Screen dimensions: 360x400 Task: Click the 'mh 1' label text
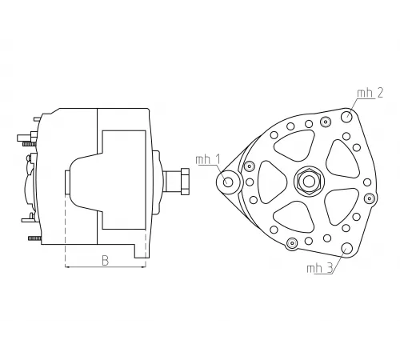[x=207, y=159]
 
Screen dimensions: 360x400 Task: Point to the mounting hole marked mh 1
[x=229, y=182]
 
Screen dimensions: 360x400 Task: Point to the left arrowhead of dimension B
[x=66, y=267]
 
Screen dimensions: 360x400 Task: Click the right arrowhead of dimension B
[x=144, y=267]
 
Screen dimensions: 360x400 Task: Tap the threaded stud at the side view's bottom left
[x=34, y=238]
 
